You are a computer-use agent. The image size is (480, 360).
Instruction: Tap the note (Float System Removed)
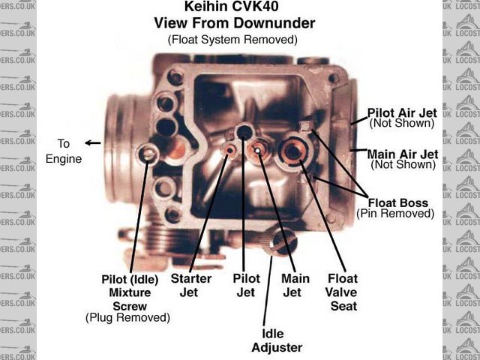click(232, 38)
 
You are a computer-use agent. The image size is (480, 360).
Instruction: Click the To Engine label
click(64, 150)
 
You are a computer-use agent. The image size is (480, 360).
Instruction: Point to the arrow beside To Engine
click(93, 142)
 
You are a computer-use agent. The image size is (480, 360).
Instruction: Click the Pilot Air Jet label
click(401, 112)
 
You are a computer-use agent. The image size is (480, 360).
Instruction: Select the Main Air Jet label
click(401, 154)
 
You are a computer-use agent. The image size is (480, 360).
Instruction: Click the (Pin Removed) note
click(395, 214)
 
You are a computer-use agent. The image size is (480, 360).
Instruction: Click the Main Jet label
click(295, 285)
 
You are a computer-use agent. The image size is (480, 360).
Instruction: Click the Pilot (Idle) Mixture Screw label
click(130, 292)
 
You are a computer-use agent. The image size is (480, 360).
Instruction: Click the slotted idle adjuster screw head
click(283, 241)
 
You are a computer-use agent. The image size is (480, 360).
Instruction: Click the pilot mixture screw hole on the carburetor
click(148, 155)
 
